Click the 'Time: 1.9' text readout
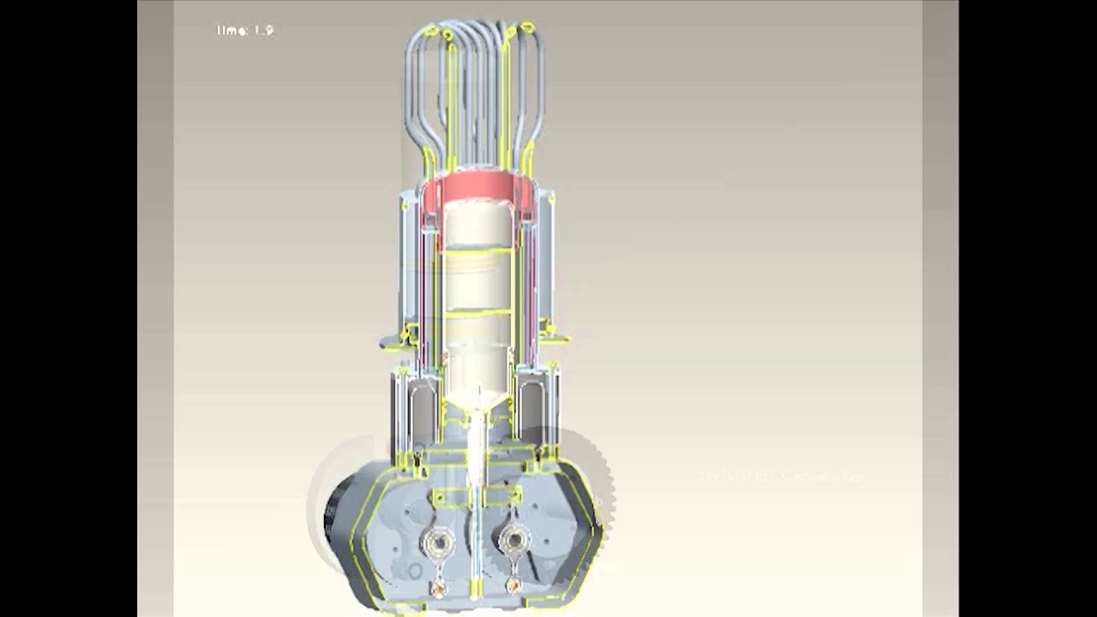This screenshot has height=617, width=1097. tap(245, 31)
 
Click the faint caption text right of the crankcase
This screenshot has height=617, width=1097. tap(781, 476)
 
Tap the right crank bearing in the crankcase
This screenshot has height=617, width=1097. tap(514, 540)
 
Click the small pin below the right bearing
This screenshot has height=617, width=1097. tap(514, 587)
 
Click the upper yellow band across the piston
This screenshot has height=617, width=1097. tap(478, 251)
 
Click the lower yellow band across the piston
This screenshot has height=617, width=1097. tap(478, 314)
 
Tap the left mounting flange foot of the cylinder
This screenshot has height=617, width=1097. tap(395, 342)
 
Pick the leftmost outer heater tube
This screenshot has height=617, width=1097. tap(412, 94)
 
